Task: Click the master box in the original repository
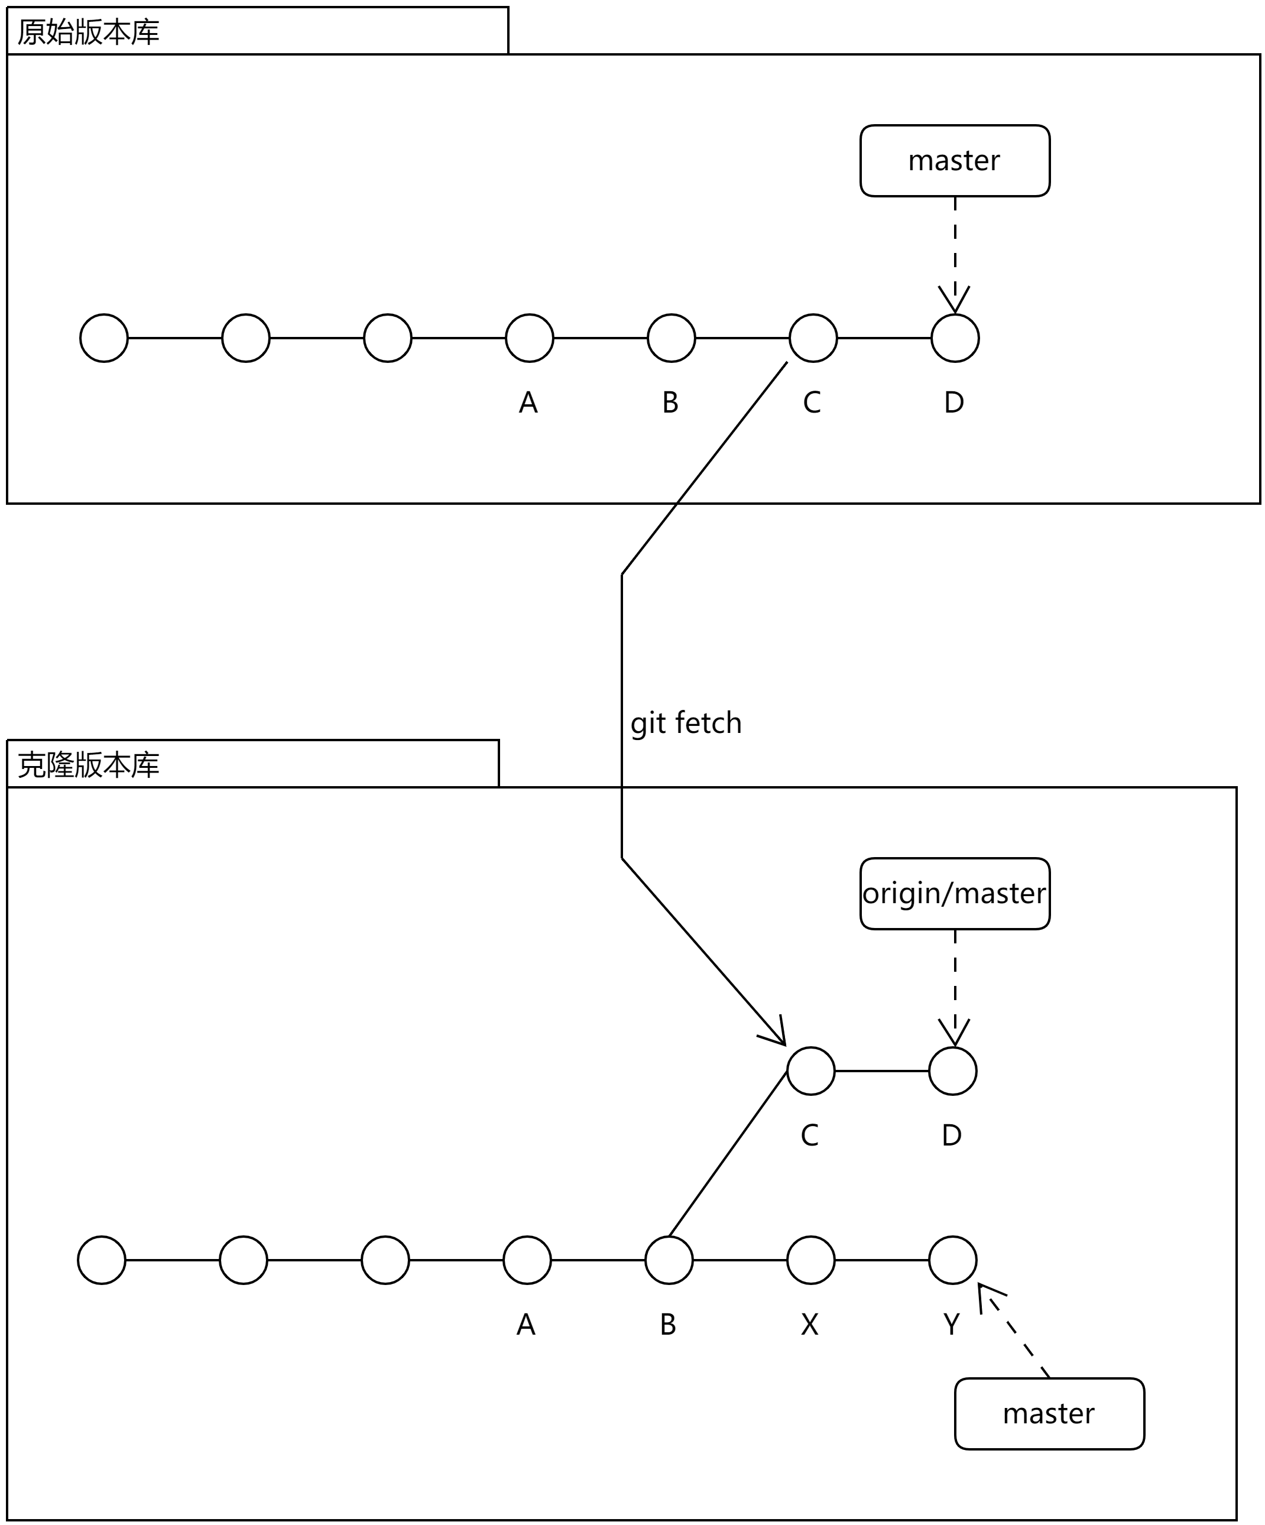954,161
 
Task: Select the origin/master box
954,894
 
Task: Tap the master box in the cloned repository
1049,1414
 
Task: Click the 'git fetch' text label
686,723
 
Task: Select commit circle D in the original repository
954,338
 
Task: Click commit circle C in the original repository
813,338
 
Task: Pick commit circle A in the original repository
528,338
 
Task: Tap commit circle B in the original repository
671,338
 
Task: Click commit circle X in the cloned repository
810,1260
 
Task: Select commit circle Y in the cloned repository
952,1260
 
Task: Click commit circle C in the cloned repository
810,1071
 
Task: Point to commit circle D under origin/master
952,1071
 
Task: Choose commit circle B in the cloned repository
669,1260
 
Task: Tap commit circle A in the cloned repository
527,1260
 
